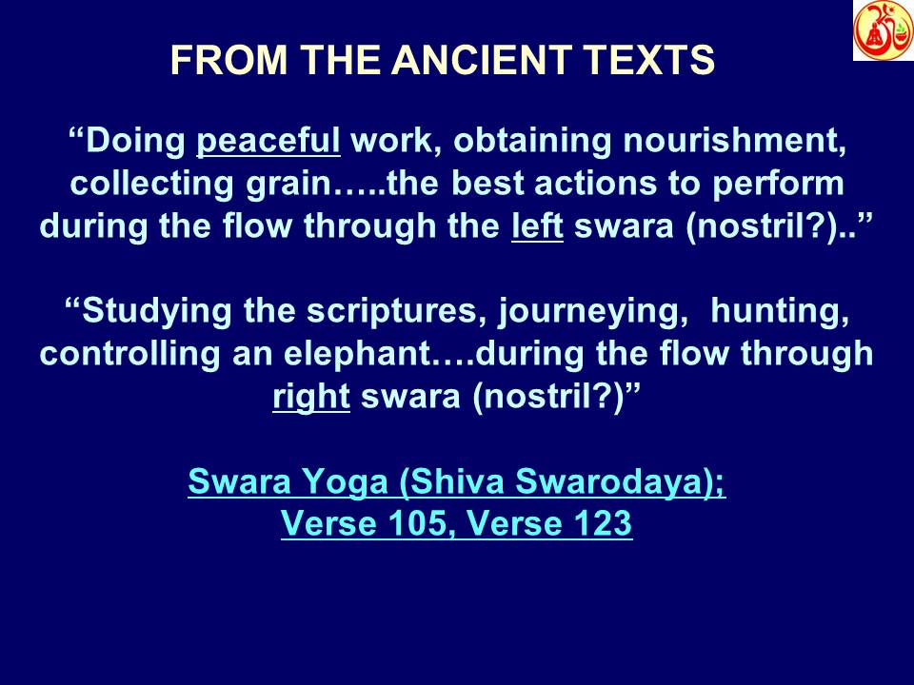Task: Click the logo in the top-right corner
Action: click(883, 30)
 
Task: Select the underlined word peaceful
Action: click(268, 143)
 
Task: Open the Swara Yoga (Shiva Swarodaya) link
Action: click(457, 482)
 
